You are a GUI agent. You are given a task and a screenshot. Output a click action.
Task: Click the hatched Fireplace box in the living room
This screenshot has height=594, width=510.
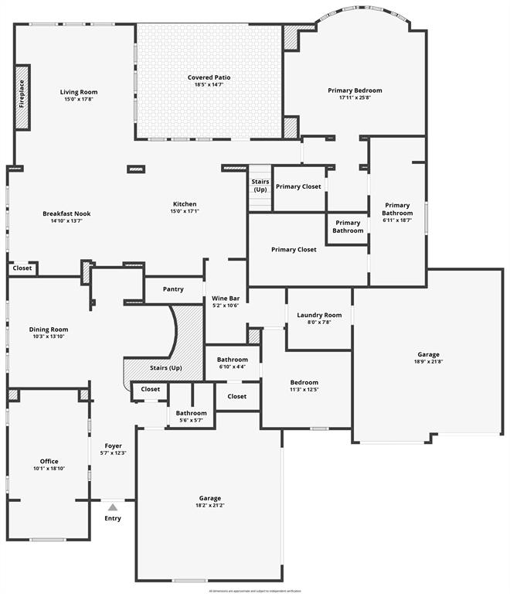point(22,97)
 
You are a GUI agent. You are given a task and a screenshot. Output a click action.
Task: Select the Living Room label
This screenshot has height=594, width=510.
point(79,92)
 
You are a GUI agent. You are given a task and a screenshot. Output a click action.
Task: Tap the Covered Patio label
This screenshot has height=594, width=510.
point(209,77)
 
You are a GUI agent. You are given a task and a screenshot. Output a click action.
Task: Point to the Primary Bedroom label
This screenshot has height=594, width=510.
point(355,90)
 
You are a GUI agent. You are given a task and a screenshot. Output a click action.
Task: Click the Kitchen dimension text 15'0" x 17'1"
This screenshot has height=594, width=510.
point(185,211)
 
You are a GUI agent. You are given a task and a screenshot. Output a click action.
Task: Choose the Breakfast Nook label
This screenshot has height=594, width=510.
point(66,213)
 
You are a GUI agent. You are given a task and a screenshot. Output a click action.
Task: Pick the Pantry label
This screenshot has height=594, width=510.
point(173,289)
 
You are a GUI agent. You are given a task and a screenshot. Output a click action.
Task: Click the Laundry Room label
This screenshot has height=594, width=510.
point(319,315)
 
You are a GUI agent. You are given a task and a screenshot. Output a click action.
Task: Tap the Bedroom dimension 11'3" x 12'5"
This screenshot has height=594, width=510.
point(304,390)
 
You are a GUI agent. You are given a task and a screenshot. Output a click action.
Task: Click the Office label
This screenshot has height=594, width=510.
point(49,461)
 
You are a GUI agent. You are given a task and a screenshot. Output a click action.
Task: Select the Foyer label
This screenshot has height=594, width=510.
point(113,445)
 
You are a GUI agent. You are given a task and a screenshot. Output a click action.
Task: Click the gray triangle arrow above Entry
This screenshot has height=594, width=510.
point(113,507)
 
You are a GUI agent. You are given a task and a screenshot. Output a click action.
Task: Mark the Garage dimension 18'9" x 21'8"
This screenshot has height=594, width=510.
point(429,361)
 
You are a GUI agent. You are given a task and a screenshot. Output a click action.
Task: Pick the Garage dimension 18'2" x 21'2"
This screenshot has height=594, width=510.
point(209,506)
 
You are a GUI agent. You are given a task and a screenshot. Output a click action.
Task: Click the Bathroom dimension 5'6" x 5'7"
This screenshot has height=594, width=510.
point(191,420)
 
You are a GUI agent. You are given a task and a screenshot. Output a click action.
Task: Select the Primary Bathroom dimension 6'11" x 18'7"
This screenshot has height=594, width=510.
point(397,221)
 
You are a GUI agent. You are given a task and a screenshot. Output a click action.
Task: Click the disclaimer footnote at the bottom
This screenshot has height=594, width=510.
point(254,591)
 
